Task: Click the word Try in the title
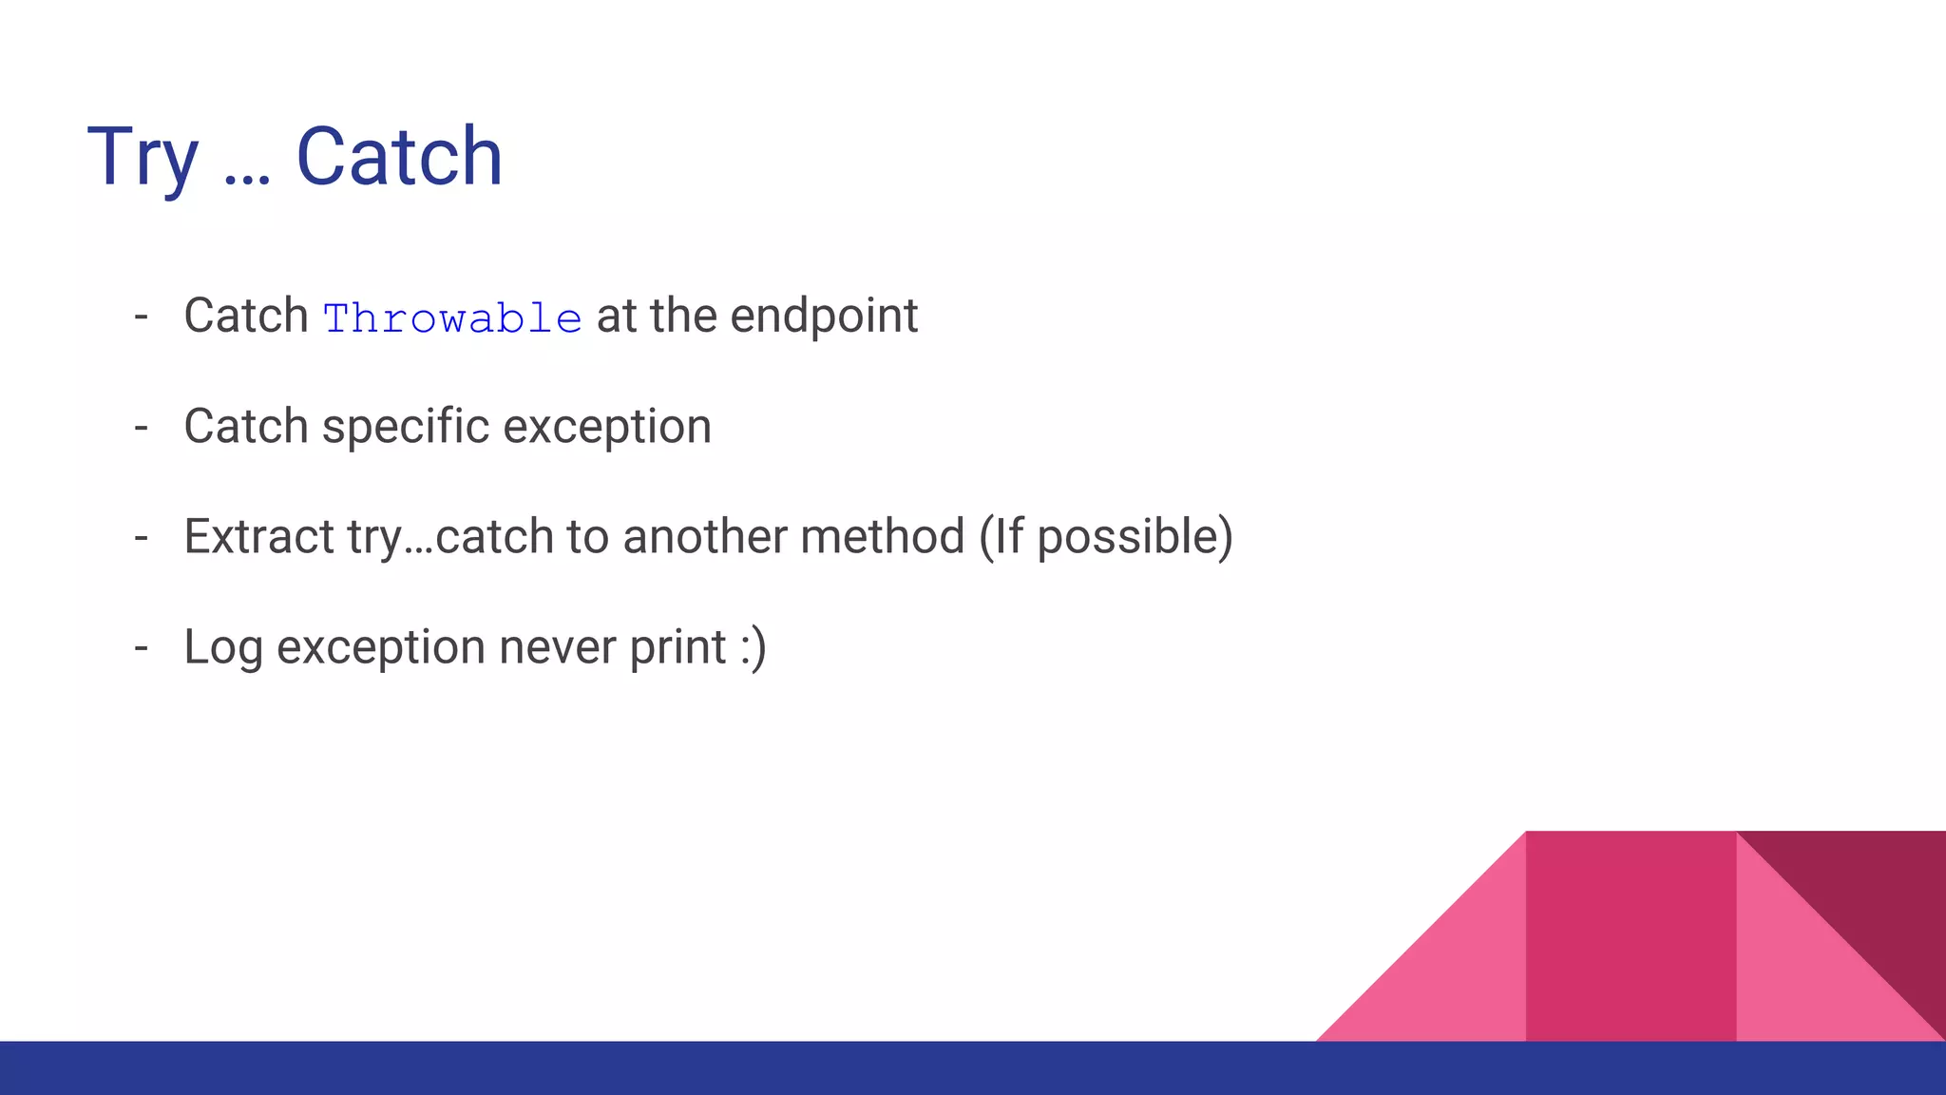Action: (x=143, y=157)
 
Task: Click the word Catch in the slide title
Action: (x=399, y=157)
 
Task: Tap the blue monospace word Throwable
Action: (x=452, y=318)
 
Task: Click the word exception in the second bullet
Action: (x=607, y=427)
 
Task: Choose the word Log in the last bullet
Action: (x=223, y=648)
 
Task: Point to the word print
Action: (x=677, y=648)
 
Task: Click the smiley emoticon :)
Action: (x=753, y=648)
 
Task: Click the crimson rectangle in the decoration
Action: (x=1631, y=936)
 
